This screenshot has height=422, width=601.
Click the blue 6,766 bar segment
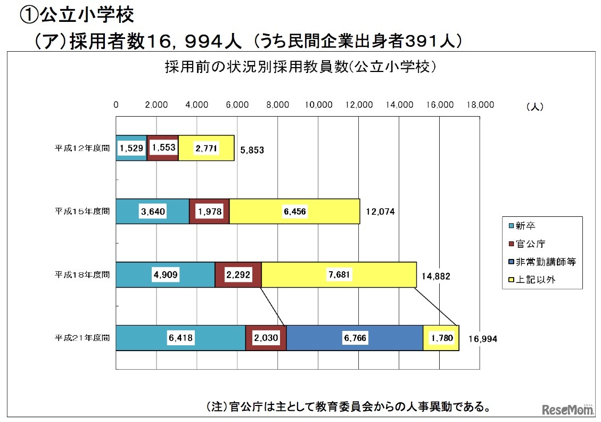[x=355, y=338]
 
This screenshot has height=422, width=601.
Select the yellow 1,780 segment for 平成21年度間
[x=441, y=338]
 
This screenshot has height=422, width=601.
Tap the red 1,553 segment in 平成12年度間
[x=163, y=148]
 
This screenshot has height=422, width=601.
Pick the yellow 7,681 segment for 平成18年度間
[x=339, y=275]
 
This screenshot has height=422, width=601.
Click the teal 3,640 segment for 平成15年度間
[x=153, y=212]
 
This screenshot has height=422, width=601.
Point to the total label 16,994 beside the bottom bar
[x=483, y=339]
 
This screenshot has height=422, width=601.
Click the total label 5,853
[x=252, y=150]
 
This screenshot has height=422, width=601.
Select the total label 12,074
[x=380, y=212]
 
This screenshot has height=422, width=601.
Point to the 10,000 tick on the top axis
[x=318, y=105]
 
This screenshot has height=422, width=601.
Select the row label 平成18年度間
[x=82, y=274]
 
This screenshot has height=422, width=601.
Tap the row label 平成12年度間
[x=82, y=148]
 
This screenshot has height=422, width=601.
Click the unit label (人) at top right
[x=534, y=107]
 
